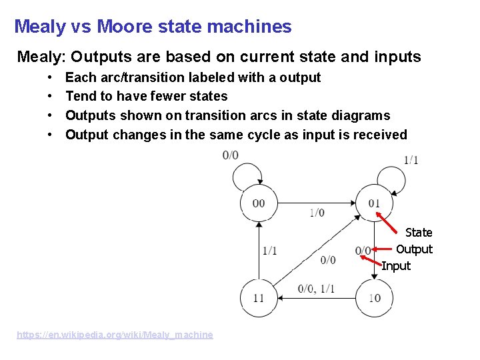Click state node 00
(259, 203)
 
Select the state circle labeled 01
(374, 203)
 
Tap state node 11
(259, 297)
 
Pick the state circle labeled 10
(374, 297)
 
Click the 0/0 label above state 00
(231, 155)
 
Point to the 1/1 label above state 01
(411, 160)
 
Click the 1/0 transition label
(317, 213)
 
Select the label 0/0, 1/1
(316, 289)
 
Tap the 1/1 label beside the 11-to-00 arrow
(270, 251)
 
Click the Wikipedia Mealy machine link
(115, 335)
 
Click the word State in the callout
(419, 232)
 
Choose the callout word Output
(414, 249)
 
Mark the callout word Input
(396, 265)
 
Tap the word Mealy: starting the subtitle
(41, 57)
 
